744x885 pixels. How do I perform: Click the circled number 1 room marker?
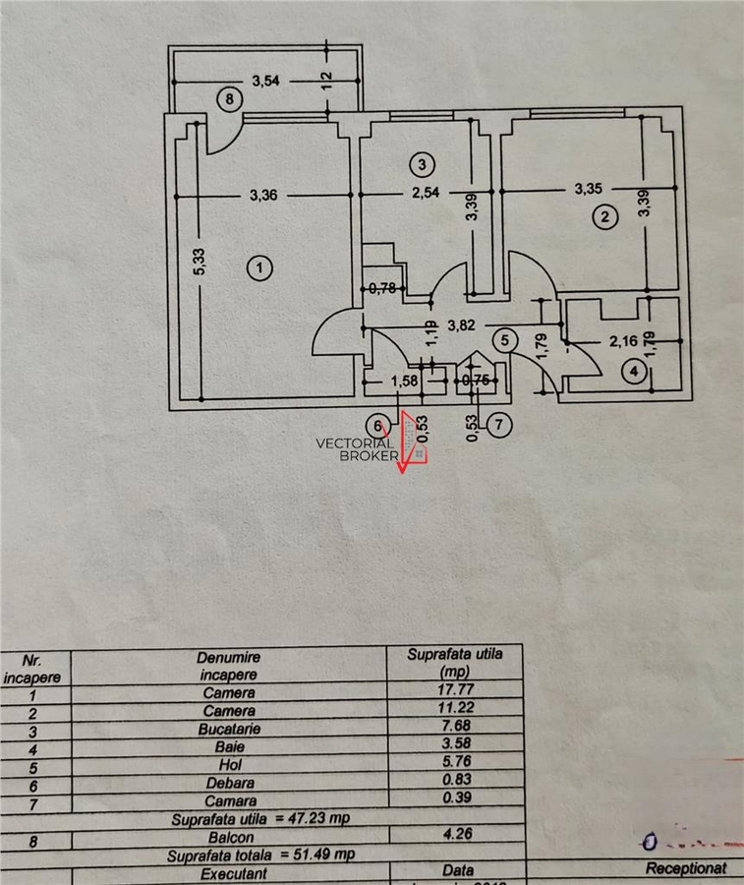(258, 266)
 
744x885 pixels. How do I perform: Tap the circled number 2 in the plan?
(606, 217)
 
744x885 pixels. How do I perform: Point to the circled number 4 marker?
(635, 371)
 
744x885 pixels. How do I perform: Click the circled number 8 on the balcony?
(229, 98)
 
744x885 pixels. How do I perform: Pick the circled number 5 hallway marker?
(504, 340)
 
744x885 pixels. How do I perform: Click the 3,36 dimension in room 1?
(264, 195)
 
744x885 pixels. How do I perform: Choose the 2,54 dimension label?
(425, 194)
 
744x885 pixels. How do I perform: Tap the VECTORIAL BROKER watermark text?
(355, 448)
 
